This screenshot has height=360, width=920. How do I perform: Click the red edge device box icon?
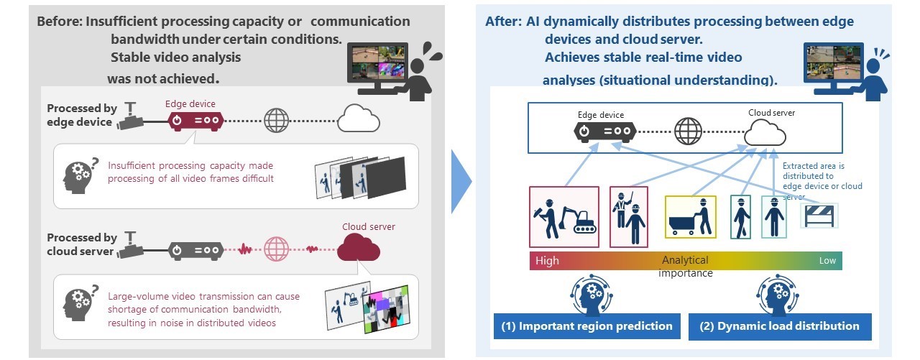196,121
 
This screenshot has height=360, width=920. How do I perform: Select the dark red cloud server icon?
359,247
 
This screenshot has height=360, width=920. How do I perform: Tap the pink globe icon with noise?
276,249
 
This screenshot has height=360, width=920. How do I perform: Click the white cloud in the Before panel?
359,119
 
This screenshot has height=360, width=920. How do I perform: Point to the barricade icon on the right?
819,216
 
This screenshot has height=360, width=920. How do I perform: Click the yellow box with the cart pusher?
691,217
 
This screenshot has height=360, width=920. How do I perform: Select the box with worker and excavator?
564,217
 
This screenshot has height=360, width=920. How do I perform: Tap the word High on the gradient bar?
547,261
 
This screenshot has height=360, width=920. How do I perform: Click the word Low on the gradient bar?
827,261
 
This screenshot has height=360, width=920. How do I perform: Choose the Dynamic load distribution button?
780,326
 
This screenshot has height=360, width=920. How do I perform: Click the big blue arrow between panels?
461,181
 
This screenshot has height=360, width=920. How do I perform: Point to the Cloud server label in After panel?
771,113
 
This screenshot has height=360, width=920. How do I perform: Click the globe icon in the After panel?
688,131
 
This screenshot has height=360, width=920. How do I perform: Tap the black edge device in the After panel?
604,131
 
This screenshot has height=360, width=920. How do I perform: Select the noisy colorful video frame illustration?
386,309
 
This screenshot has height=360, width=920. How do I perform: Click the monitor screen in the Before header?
377,63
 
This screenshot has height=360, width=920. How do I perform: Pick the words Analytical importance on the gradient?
685,267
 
